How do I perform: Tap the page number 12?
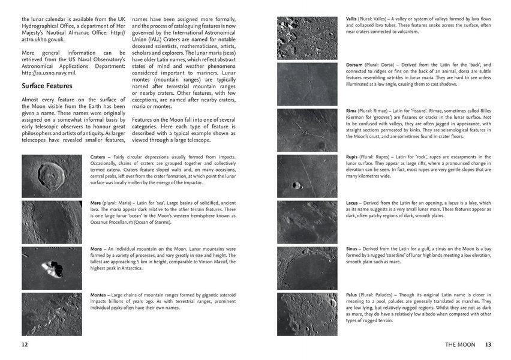pyautogui.click(x=25, y=344)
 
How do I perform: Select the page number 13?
pyautogui.click(x=488, y=344)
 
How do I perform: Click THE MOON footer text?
pyautogui.click(x=461, y=344)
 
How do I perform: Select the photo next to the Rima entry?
pyautogui.click(x=308, y=130)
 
